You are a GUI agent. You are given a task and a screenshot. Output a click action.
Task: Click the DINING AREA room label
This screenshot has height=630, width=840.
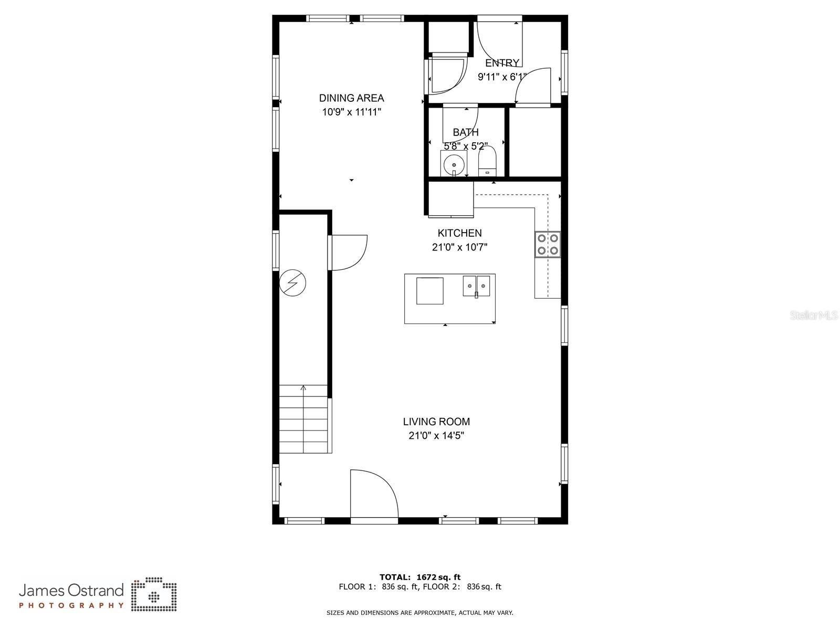click(x=351, y=98)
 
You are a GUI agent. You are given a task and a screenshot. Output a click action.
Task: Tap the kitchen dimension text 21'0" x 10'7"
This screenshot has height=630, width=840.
click(x=459, y=247)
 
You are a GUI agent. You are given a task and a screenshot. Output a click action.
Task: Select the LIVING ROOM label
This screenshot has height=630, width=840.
click(x=436, y=422)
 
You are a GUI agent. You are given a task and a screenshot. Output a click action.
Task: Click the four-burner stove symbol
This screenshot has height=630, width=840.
click(x=548, y=244)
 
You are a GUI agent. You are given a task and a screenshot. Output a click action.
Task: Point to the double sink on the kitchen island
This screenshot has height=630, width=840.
click(x=476, y=286)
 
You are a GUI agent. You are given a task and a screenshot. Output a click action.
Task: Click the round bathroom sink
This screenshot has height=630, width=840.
click(x=453, y=164)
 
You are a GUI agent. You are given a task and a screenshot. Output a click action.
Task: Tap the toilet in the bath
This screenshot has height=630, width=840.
click(x=487, y=161)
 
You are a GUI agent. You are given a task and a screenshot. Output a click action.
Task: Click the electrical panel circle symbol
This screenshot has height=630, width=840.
click(x=292, y=283)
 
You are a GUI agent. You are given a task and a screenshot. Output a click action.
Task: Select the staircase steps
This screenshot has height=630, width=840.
click(x=303, y=419)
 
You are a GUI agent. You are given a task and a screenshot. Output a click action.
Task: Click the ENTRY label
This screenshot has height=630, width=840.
click(x=502, y=63)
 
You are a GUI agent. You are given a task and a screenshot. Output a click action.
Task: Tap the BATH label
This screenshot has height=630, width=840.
click(x=466, y=132)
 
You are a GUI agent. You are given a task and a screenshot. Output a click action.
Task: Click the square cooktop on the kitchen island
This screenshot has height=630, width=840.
click(x=429, y=291)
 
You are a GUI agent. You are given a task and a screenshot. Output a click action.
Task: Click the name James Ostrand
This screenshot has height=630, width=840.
click(x=71, y=591)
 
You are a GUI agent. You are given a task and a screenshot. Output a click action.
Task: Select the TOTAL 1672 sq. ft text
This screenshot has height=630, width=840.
click(x=420, y=577)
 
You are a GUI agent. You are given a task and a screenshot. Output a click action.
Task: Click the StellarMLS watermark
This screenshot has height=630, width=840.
click(x=814, y=316)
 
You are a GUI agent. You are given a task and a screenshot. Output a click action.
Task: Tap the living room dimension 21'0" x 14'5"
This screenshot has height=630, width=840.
click(x=436, y=436)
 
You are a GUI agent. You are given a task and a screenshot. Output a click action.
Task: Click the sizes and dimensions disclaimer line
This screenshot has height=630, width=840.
click(x=420, y=613)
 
